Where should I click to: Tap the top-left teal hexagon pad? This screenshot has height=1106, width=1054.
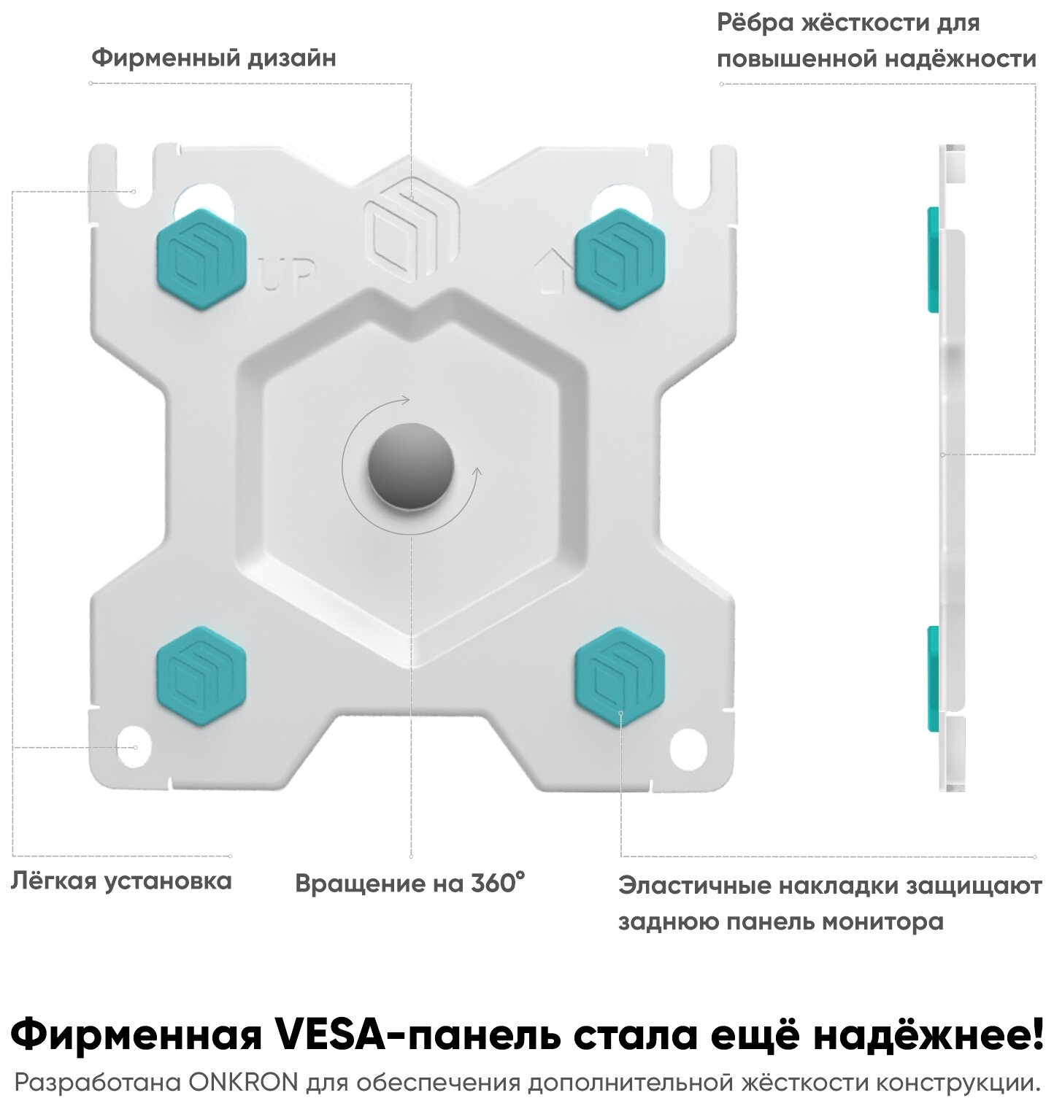(201, 260)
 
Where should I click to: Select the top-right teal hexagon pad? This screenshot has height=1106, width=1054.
(619, 260)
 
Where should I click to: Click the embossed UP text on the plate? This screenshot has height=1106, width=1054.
(288, 276)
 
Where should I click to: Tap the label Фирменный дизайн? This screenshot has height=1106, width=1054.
(214, 58)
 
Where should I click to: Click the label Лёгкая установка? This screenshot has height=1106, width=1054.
(121, 881)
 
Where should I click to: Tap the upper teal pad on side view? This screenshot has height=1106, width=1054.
(932, 260)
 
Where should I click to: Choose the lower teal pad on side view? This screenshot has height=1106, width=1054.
(932, 677)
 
